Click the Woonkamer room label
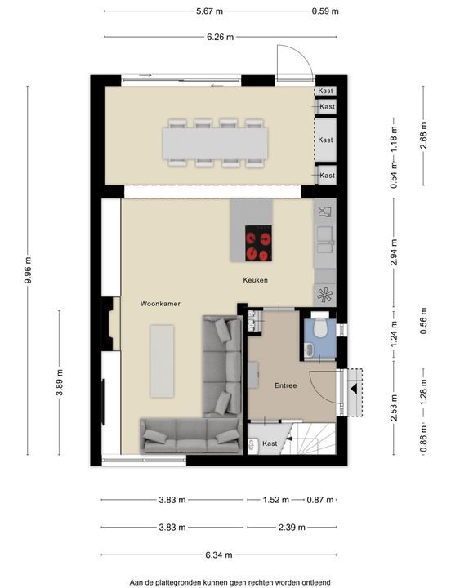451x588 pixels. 160,304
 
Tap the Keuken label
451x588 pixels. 255,280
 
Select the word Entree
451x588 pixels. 285,385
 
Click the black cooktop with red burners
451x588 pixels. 258,243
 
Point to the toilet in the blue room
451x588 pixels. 320,327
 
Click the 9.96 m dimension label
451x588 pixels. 28,271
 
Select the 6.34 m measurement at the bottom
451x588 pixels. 219,555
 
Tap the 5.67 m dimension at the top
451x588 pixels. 209,11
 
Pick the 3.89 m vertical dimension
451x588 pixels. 60,382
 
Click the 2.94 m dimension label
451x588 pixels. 394,252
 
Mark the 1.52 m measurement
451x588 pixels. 276,500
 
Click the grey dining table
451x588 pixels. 215,143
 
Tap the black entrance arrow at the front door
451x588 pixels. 354,390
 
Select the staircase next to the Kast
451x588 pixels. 310,439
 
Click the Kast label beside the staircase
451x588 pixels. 270,443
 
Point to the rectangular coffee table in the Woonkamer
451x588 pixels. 162,361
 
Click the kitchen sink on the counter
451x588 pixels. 325,239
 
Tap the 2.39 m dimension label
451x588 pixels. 292,528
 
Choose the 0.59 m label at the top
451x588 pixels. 325,11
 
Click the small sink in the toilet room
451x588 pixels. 309,350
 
